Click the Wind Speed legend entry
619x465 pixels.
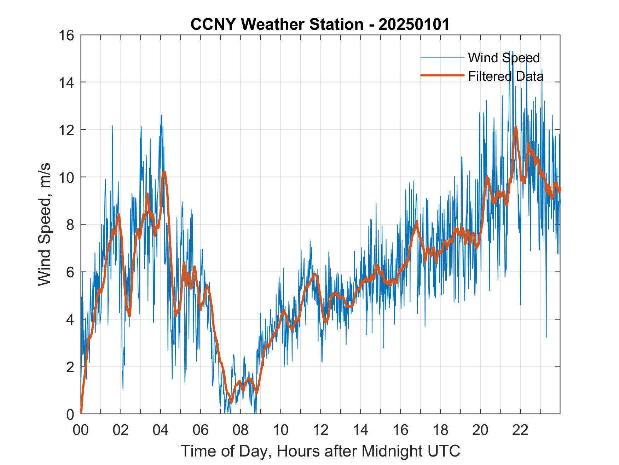504,58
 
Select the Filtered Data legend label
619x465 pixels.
505,76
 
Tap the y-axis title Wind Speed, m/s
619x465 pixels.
45,224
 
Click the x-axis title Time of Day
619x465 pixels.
320,451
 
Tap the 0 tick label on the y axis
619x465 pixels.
70,414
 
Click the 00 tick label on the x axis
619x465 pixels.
81,430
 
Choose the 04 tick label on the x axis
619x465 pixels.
161,430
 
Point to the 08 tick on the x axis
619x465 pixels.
241,430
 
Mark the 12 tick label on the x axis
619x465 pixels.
320,430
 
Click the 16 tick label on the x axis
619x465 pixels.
400,430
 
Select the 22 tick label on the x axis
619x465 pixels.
520,430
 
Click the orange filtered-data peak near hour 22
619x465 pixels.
516,127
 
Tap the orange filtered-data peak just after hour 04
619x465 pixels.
164,172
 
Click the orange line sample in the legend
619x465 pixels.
442,75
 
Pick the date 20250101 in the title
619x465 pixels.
414,24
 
